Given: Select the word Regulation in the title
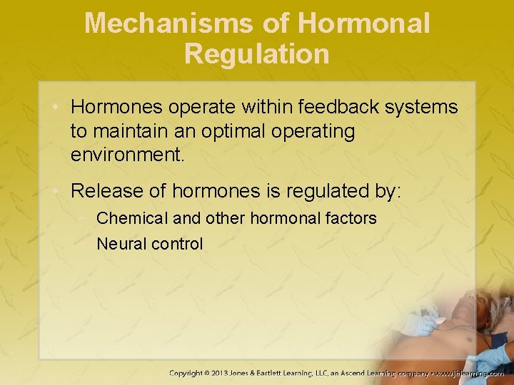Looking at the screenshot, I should pyautogui.click(x=257, y=54).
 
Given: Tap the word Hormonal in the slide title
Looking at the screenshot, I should pyautogui.click(x=364, y=24).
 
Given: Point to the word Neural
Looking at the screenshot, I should pyautogui.click(x=119, y=244).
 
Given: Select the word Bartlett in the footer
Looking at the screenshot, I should pyautogui.click(x=290, y=373).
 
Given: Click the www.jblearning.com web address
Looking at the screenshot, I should pyautogui.click(x=470, y=373).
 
